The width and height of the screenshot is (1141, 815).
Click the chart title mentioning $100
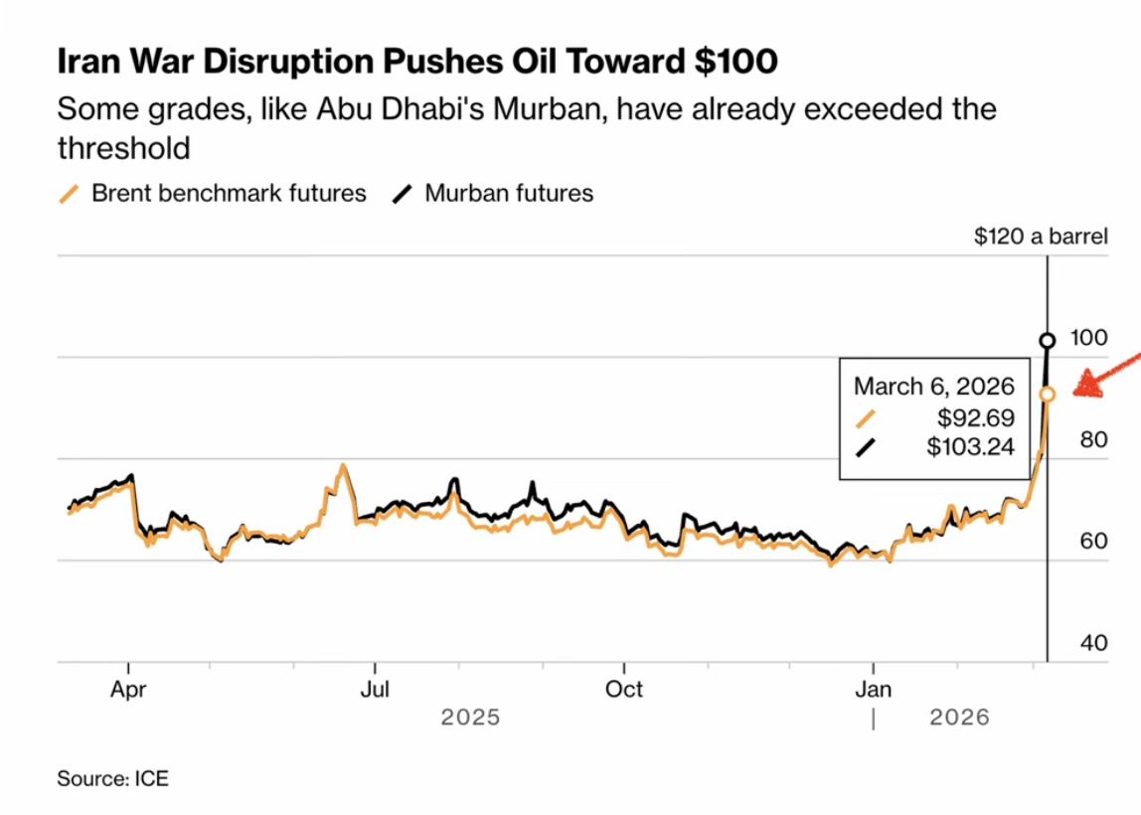pyautogui.click(x=417, y=62)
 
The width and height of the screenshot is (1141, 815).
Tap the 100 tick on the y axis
pyautogui.click(x=1089, y=338)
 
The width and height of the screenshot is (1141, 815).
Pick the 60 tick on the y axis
pyautogui.click(x=1091, y=542)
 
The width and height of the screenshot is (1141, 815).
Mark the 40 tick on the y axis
pyautogui.click(x=1091, y=643)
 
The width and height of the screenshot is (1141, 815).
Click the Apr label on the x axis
pyautogui.click(x=128, y=688)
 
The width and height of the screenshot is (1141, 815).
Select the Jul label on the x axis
pyautogui.click(x=375, y=688)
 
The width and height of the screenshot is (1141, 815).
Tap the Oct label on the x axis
pyautogui.click(x=624, y=688)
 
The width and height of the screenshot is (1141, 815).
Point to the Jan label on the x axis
pyautogui.click(x=874, y=688)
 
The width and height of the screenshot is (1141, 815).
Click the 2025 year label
pyautogui.click(x=471, y=717)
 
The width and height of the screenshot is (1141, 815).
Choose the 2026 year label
pyautogui.click(x=960, y=717)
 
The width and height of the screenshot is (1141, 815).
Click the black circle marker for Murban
pyautogui.click(x=1047, y=341)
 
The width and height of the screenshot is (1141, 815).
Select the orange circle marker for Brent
pyautogui.click(x=1047, y=394)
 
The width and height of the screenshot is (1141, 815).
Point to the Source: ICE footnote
pyautogui.click(x=113, y=778)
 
